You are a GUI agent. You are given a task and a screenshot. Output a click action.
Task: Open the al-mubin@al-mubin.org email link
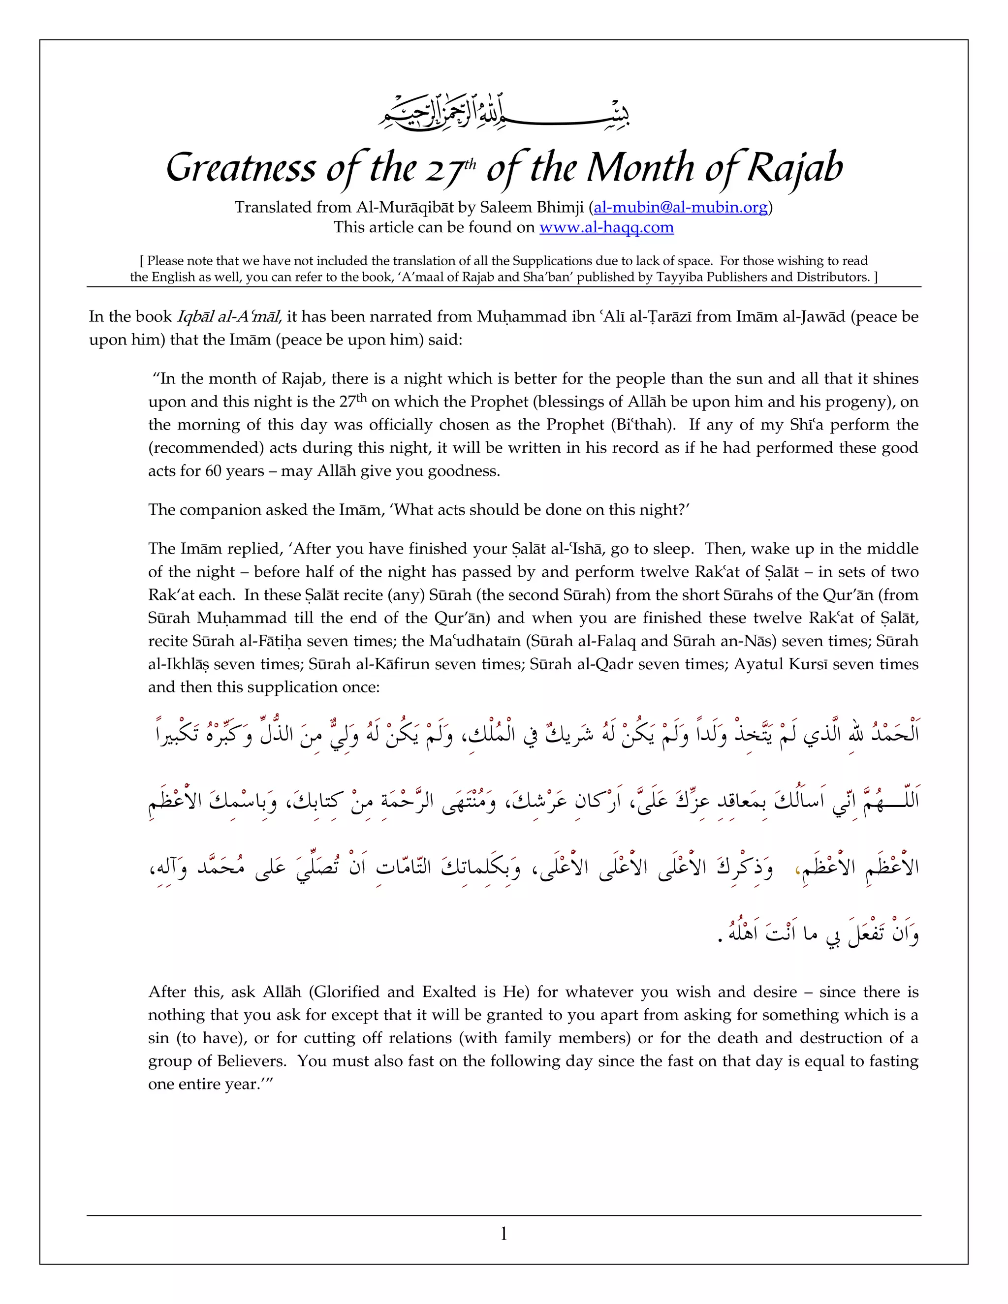680,207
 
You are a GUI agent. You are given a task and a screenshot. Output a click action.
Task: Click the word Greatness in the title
240,168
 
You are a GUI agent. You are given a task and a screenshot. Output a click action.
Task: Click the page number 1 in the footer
504,1233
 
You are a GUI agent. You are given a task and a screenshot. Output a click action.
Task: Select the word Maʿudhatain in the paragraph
475,641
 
